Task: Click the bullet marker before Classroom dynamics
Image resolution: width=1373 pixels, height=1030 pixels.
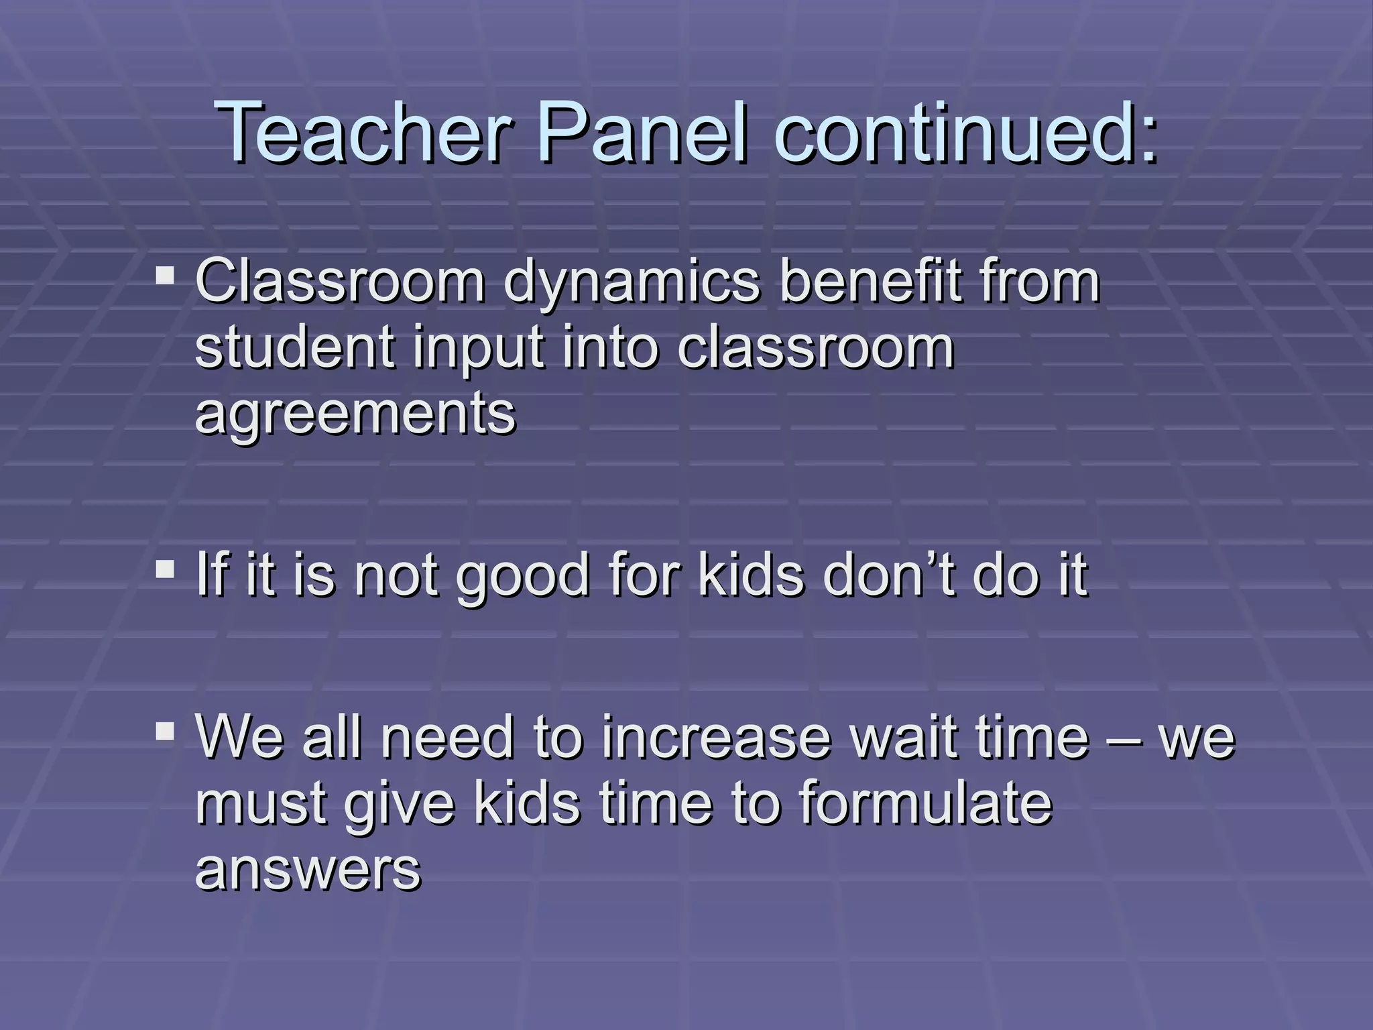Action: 165,276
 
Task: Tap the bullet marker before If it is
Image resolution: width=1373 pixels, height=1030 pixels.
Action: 165,570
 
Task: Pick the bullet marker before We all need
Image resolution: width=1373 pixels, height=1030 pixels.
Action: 165,730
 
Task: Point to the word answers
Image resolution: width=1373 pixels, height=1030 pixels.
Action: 308,870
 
